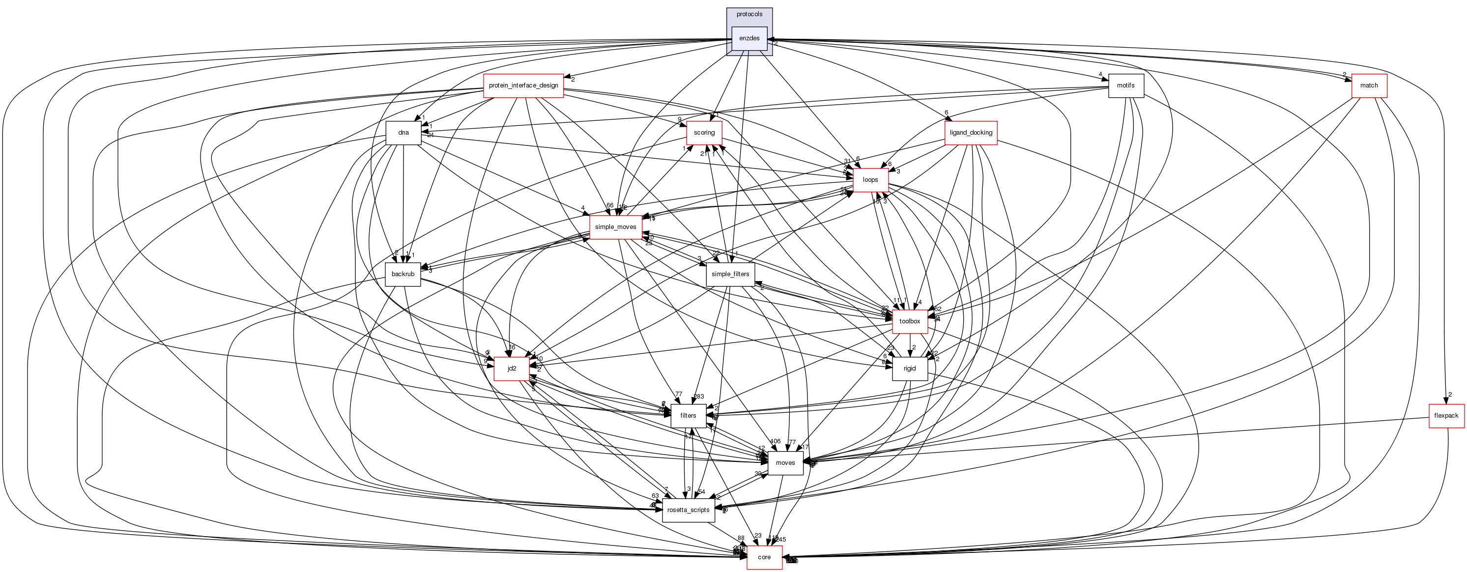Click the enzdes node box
click(x=749, y=38)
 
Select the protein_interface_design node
click(x=523, y=86)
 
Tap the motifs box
click(x=1126, y=86)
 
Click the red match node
click(x=1369, y=86)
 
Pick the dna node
click(x=403, y=133)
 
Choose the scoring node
click(x=704, y=133)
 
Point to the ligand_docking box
click(x=971, y=133)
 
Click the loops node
click(x=870, y=180)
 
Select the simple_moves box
click(x=615, y=227)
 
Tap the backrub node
click(x=403, y=274)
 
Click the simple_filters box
click(x=730, y=274)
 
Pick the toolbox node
click(x=910, y=321)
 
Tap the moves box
click(x=785, y=463)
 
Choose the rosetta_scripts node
click(x=688, y=511)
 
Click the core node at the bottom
click(x=764, y=558)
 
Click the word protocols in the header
click(x=749, y=14)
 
